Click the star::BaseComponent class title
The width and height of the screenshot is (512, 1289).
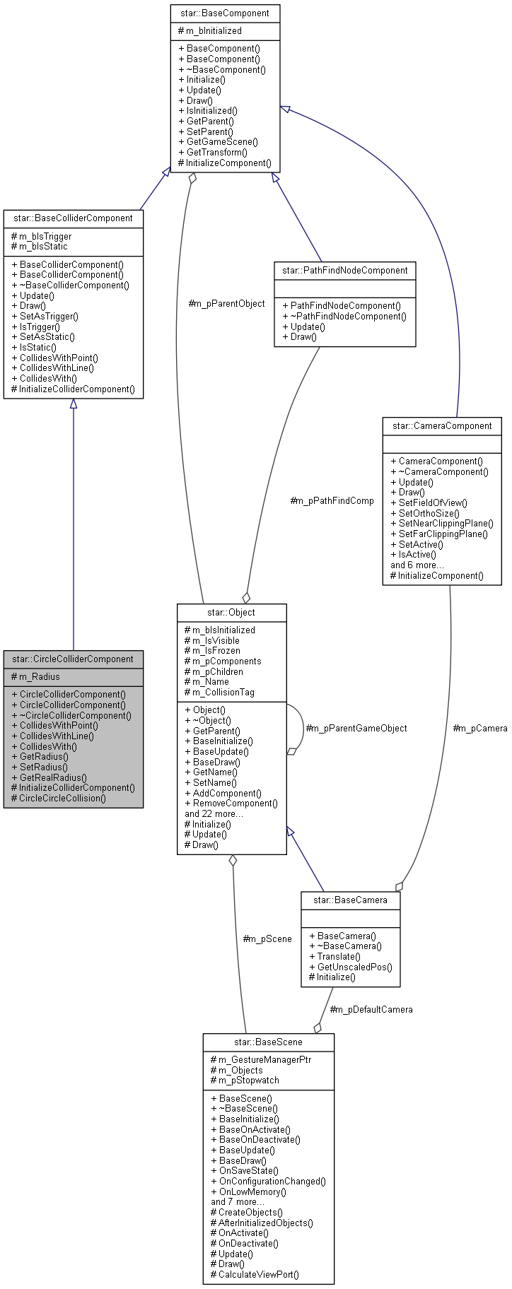[225, 13]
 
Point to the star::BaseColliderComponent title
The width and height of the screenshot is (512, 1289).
[73, 218]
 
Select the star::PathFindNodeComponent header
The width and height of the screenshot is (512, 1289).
[344, 271]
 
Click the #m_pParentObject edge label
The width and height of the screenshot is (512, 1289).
[226, 304]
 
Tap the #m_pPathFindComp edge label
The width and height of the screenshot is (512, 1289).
[332, 500]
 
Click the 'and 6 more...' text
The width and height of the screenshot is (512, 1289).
[417, 565]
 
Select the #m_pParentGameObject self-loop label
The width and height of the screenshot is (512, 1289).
[356, 728]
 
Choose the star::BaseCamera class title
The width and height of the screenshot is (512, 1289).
[350, 900]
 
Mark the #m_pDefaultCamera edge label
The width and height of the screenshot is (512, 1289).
[371, 1009]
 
